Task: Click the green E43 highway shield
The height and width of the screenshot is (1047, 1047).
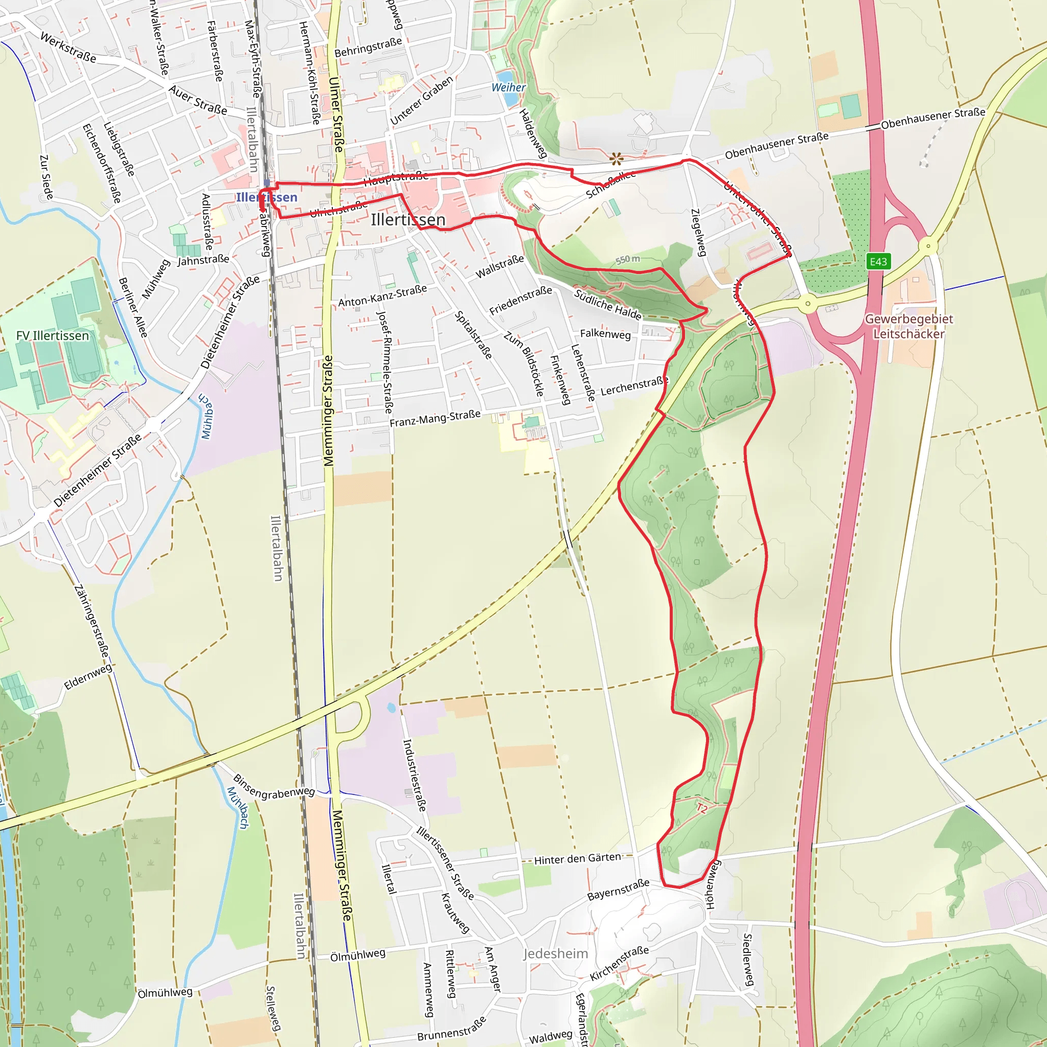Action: (x=878, y=262)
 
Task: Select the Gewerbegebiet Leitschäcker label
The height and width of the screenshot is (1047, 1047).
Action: (x=908, y=326)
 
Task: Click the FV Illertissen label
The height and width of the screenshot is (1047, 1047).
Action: (x=53, y=336)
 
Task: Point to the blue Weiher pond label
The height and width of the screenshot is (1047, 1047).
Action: (x=508, y=87)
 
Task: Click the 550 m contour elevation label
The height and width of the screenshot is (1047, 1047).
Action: (x=628, y=260)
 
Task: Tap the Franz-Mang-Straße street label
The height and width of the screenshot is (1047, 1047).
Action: (x=435, y=418)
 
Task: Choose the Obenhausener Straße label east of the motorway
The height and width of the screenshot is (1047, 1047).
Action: (x=932, y=119)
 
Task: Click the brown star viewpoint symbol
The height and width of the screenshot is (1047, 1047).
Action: (x=616, y=159)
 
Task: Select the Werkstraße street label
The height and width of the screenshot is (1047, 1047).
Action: (x=69, y=48)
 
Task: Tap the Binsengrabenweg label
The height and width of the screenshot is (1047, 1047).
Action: (x=274, y=787)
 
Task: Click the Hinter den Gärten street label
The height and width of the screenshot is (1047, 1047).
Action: (x=578, y=859)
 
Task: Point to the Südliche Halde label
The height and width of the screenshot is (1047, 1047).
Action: (x=607, y=305)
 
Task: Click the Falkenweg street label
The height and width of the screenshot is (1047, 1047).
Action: (x=605, y=334)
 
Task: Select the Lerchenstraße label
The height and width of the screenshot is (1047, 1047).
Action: (x=634, y=386)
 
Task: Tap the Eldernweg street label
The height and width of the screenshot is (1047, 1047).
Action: (x=88, y=677)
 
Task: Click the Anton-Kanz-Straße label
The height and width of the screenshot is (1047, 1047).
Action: (x=382, y=296)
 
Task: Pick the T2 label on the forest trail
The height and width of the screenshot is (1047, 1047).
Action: (x=702, y=809)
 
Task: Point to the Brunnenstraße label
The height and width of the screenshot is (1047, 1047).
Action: (x=451, y=1028)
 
